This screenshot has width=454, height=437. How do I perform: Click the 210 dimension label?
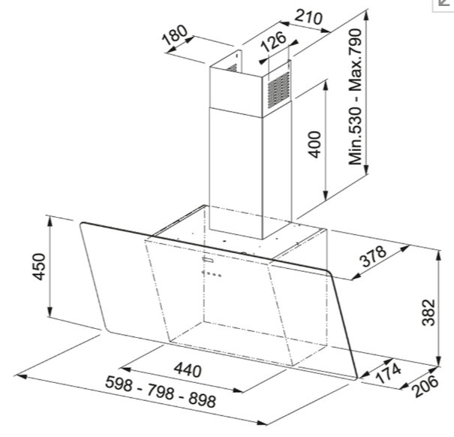(x=308, y=17)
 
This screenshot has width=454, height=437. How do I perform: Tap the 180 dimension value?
(x=175, y=35)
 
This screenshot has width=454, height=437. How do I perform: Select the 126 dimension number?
(x=273, y=41)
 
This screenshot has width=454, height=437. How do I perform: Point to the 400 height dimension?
(x=314, y=145)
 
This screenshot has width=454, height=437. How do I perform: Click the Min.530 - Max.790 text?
(x=355, y=97)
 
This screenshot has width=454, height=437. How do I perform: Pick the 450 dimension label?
(x=38, y=267)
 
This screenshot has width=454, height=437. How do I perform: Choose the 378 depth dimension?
(x=373, y=256)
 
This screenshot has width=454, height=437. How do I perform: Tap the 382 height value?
(x=428, y=312)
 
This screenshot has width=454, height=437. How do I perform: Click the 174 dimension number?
(x=388, y=373)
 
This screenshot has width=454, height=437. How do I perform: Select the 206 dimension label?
(x=425, y=386)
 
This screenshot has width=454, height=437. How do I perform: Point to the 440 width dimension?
(x=188, y=369)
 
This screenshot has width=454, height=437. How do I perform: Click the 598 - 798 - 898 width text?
(x=161, y=391)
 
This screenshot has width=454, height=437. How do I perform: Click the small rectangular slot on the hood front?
(x=208, y=259)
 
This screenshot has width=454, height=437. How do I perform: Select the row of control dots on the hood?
(x=212, y=273)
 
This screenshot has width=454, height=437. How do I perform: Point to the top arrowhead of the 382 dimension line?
(x=439, y=255)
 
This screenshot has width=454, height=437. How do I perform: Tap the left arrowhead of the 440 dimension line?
(x=125, y=369)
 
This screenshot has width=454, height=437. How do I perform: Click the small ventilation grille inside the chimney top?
(x=232, y=68)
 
